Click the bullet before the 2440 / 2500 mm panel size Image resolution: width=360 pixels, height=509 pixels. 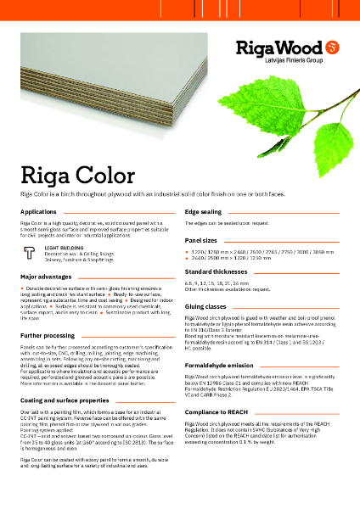188,259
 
